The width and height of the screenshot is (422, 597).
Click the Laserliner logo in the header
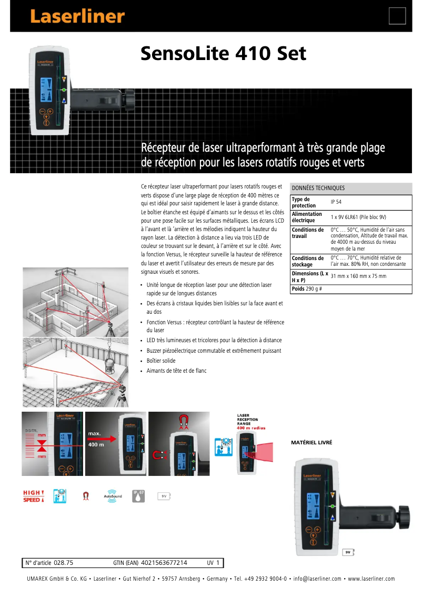click(x=77, y=16)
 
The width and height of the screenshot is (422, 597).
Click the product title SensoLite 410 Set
click(x=223, y=54)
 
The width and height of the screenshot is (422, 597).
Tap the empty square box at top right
click(x=397, y=16)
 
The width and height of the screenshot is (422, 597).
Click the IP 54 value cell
click(x=336, y=202)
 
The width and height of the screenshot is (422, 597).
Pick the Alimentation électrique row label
click(x=307, y=217)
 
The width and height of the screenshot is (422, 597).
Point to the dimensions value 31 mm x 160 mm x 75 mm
click(x=358, y=276)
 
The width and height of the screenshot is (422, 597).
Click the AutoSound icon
click(x=113, y=496)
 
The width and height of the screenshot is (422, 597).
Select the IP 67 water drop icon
click(x=139, y=496)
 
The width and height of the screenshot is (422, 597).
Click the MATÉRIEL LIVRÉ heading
click(x=312, y=443)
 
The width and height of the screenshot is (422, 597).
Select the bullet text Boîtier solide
click(x=161, y=361)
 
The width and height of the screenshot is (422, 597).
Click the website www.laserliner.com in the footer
click(x=371, y=579)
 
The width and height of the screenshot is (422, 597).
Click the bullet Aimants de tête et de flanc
click(x=176, y=371)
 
